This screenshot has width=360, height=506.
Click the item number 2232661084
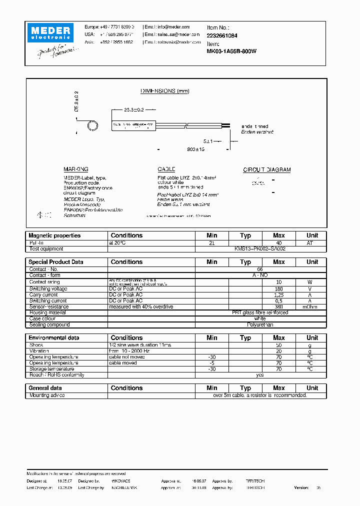[222, 35]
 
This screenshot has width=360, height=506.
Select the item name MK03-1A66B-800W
[231, 51]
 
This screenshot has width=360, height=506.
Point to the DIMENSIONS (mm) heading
[164, 91]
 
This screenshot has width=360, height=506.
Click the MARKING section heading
[76, 170]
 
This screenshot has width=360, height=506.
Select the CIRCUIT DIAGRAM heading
[266, 170]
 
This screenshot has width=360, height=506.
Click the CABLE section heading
[166, 170]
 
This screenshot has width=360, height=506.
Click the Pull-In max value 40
[279, 242]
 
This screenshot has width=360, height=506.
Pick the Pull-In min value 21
[212, 242]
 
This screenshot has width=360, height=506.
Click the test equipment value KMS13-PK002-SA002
[260, 248]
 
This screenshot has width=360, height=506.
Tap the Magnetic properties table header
[54, 235]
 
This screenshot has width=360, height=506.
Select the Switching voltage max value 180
[279, 289]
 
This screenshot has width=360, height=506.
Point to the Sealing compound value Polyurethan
[260, 325]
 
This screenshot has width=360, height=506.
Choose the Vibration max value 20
[279, 351]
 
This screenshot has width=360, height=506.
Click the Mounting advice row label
[47, 395]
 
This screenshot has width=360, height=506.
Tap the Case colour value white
[260, 319]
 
